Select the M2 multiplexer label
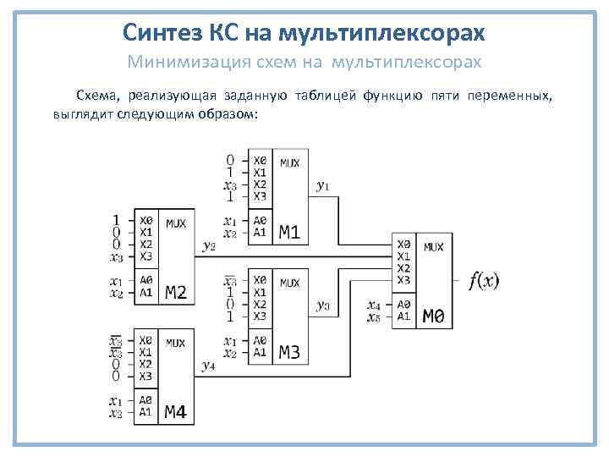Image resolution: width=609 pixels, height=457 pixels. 176,294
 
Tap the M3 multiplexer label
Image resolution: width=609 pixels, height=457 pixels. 290,352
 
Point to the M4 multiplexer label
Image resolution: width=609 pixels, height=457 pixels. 176,413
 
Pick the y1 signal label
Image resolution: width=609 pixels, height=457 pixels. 323,184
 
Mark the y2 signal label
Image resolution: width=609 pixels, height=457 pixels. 209,245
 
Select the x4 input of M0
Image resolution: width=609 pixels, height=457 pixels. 374,305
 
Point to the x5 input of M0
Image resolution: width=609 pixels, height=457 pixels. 374,317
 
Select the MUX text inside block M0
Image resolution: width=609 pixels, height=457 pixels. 432,247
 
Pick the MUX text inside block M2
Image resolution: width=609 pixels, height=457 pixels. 176,223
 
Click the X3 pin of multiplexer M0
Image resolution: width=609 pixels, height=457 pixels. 403,280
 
